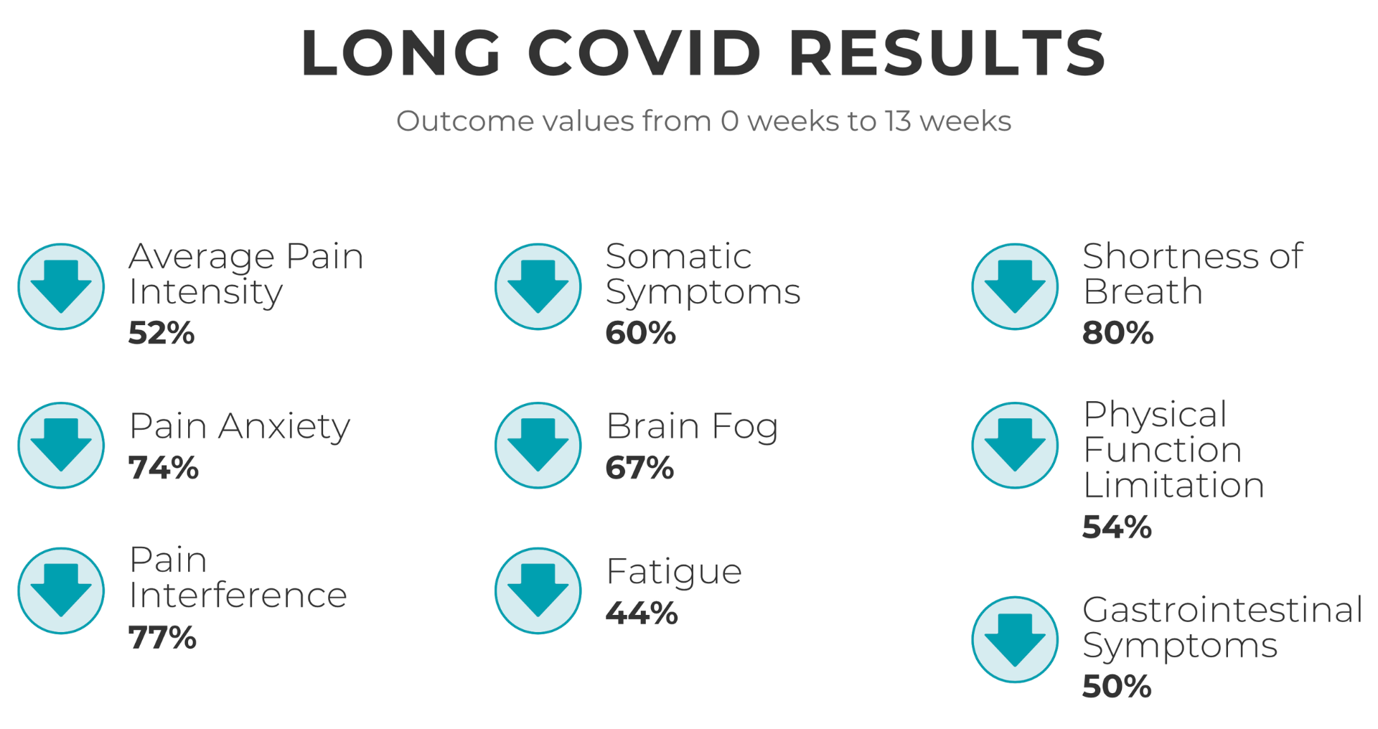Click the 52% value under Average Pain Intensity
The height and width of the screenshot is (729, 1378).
point(161,333)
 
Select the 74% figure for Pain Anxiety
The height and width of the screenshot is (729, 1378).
point(164,468)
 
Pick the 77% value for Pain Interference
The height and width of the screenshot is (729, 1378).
point(162,637)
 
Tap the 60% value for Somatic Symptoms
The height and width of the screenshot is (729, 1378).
point(640,333)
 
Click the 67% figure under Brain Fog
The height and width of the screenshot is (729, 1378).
point(639,468)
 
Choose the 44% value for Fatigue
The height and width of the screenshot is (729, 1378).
point(642,613)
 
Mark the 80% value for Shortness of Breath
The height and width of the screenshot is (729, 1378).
point(1117,333)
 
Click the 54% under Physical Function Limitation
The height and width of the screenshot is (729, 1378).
point(1117,527)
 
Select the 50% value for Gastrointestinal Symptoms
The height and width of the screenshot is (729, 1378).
point(1117,687)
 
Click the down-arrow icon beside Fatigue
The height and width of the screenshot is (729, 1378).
point(538,591)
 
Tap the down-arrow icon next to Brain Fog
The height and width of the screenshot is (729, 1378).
point(538,445)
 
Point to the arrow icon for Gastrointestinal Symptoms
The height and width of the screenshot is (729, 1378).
point(1015,639)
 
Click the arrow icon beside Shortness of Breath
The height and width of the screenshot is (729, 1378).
point(1015,286)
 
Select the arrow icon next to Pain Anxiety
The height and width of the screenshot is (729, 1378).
point(61,445)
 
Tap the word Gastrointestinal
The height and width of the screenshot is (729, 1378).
point(1222,610)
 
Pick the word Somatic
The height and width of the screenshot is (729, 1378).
point(678,257)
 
